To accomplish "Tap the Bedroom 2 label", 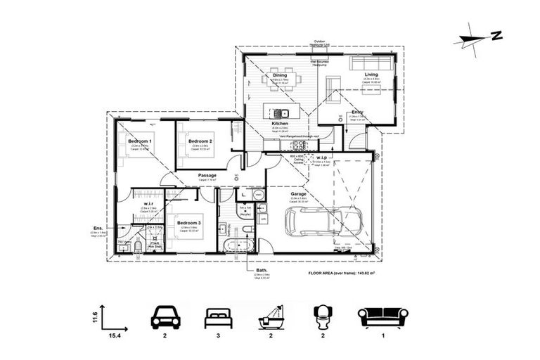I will [x=200, y=141].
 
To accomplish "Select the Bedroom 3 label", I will [x=190, y=222].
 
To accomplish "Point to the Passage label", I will [x=207, y=175].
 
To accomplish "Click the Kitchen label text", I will [x=280, y=123].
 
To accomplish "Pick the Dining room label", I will [x=280, y=75].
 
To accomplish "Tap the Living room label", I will [x=371, y=75].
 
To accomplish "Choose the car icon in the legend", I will [x=166, y=318].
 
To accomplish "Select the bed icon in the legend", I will [x=218, y=318].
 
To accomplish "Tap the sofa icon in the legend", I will [x=383, y=317].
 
